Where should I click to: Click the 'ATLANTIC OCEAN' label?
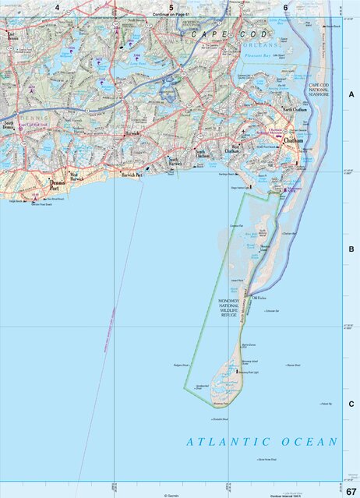pyautogui.click(x=263, y=442)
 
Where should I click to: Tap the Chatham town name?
pyautogui.click(x=293, y=140)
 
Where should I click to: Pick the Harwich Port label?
pyautogui.click(x=130, y=175)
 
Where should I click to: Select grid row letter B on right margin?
pyautogui.click(x=351, y=249)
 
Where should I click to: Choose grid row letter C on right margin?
pyautogui.click(x=351, y=404)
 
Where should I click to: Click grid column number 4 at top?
pyautogui.click(x=57, y=8)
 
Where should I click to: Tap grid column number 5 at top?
pyautogui.click(x=171, y=8)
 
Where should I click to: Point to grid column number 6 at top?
pyautogui.click(x=286, y=8)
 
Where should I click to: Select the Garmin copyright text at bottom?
pyautogui.click(x=172, y=495)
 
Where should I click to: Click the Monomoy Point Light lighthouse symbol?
pyautogui.click(x=235, y=373)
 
